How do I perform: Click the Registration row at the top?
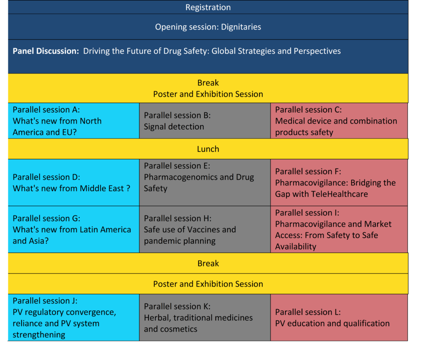point(208,7)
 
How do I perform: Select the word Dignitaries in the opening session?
point(241,27)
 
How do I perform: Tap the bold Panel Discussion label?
point(46,51)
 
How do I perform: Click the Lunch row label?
point(208,149)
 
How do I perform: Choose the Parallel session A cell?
point(74,121)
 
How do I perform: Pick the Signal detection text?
point(174,127)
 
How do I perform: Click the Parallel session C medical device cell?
point(339,121)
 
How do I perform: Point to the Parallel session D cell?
point(74,182)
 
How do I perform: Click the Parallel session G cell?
point(74,229)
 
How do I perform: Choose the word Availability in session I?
point(296,246)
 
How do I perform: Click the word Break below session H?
point(208,263)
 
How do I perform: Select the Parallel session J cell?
point(74,317)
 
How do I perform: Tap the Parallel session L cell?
point(339,317)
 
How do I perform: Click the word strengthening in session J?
point(39,335)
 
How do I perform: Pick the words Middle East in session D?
point(101,188)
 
